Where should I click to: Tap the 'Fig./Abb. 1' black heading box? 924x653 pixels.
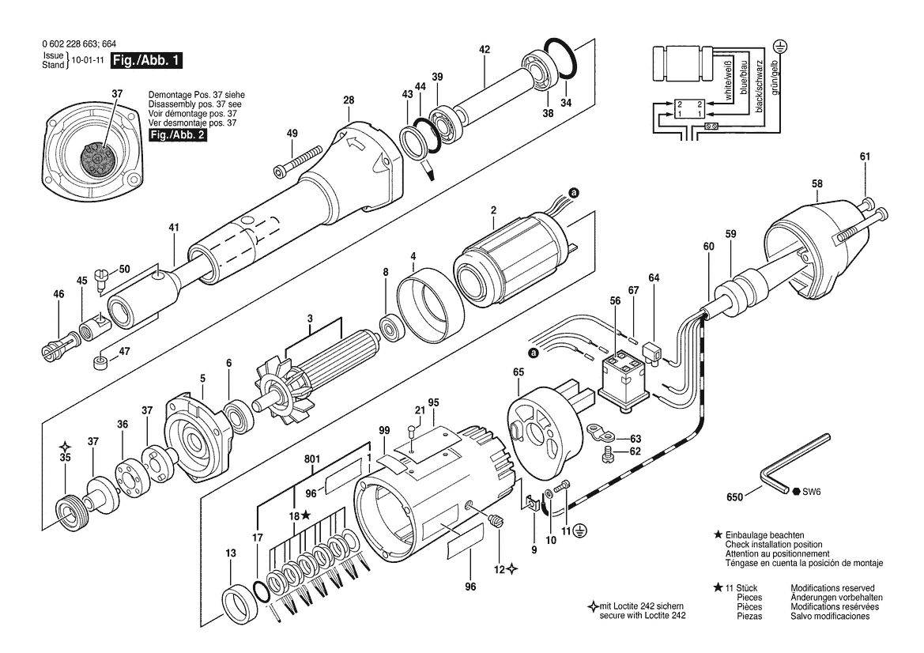(x=147, y=60)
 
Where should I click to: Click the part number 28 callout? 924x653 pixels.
(x=349, y=100)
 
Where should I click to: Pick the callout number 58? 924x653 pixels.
(x=817, y=184)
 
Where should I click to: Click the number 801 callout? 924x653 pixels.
(x=311, y=459)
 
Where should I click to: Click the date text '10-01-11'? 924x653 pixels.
(x=88, y=60)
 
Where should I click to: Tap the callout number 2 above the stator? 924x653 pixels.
(x=493, y=209)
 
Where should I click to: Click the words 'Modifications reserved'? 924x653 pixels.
(x=832, y=588)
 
